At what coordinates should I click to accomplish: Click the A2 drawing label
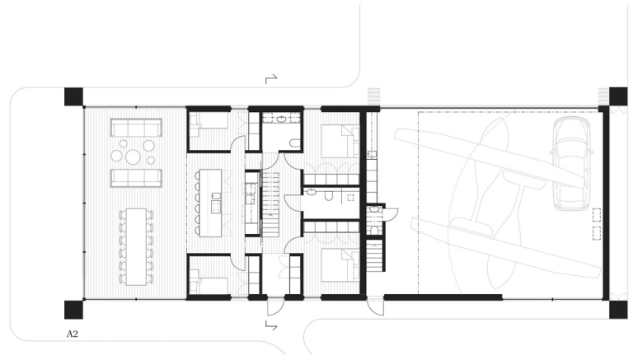pyautogui.click(x=72, y=334)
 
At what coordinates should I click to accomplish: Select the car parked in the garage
pyautogui.click(x=571, y=163)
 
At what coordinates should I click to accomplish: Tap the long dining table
pyautogui.click(x=136, y=246)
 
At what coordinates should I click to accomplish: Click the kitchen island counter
pyautogui.click(x=210, y=203)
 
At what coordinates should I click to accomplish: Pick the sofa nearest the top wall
pyautogui.click(x=137, y=127)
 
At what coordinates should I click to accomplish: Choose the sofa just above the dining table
pyautogui.click(x=137, y=178)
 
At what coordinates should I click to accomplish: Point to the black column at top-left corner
pyautogui.click(x=74, y=97)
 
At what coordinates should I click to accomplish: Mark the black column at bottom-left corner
pyautogui.click(x=74, y=310)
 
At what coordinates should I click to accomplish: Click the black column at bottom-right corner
pyautogui.click(x=618, y=310)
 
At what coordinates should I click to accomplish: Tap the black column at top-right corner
pyautogui.click(x=618, y=96)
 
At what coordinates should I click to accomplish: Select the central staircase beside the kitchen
pyautogui.click(x=270, y=204)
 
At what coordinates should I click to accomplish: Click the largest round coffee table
pyautogui.click(x=133, y=157)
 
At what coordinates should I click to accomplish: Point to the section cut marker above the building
pyautogui.click(x=271, y=79)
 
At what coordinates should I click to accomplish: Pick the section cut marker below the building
pyautogui.click(x=271, y=325)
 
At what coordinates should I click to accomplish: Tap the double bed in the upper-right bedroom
pyautogui.click(x=340, y=141)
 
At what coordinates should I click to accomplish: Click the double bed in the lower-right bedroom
pyautogui.click(x=340, y=264)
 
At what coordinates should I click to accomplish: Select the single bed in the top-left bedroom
pyautogui.click(x=209, y=121)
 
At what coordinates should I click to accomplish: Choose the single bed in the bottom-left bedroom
pyautogui.click(x=209, y=285)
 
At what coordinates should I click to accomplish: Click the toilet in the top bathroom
pyautogui.click(x=295, y=143)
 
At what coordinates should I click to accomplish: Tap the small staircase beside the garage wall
pyautogui.click(x=375, y=255)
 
